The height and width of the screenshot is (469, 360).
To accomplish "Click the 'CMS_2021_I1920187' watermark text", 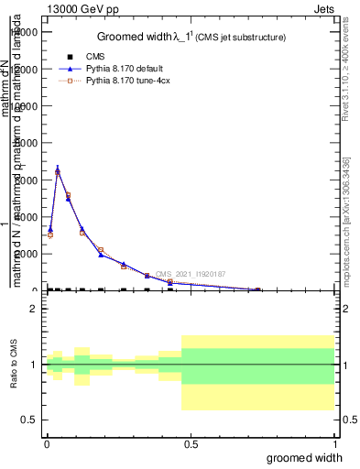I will click(x=190, y=274).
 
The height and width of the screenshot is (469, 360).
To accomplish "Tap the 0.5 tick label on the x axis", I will click(x=191, y=442).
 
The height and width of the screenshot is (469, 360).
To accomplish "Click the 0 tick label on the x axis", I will click(x=47, y=442).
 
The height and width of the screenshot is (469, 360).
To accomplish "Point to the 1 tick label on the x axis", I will click(x=334, y=442).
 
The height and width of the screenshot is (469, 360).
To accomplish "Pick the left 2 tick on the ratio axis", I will click(x=34, y=309).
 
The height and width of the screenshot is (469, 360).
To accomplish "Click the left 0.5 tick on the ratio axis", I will click(x=29, y=420).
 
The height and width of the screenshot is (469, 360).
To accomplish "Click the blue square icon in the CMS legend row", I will click(x=71, y=57).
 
